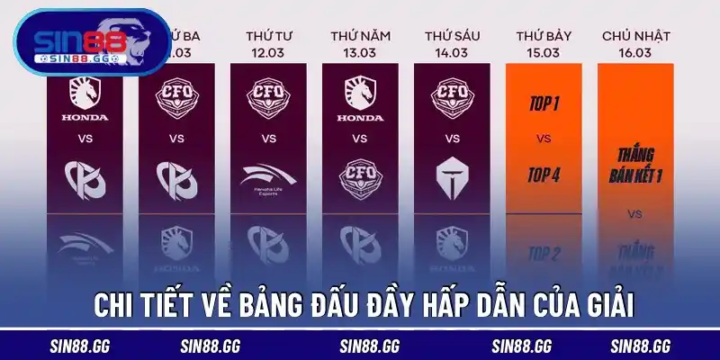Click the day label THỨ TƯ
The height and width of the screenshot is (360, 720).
tap(268, 35)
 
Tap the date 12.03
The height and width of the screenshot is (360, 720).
tap(268, 52)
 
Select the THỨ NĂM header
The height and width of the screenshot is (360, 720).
tap(360, 35)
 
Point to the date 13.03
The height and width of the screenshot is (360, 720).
tap(360, 52)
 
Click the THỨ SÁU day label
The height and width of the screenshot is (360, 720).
tap(452, 35)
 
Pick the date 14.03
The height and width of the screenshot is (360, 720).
tap(452, 52)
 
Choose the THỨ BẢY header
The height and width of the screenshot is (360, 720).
tap(543, 35)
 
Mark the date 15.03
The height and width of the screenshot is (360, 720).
tap(543, 52)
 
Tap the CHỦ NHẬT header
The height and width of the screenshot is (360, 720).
tap(634, 35)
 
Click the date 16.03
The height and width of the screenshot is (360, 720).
tap(634, 52)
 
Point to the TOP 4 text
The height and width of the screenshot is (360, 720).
tap(543, 175)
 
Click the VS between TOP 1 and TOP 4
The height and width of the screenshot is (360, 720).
tap(543, 139)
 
